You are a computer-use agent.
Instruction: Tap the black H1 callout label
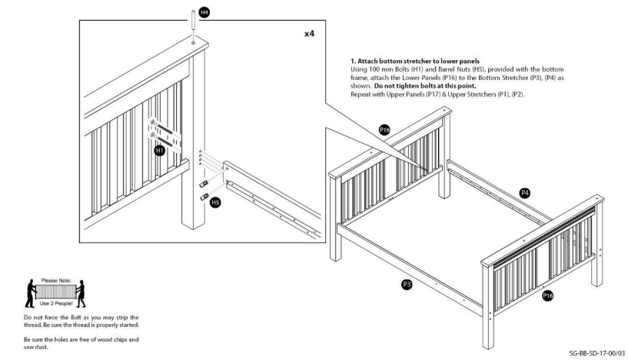click(160, 151)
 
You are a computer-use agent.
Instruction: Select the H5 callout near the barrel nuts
click(216, 202)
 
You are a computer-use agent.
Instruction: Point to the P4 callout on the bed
click(525, 193)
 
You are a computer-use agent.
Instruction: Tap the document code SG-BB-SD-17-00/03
click(597, 352)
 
